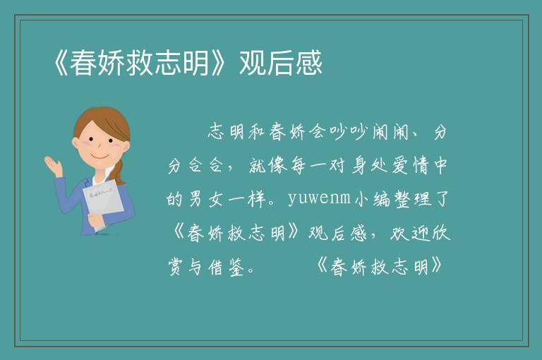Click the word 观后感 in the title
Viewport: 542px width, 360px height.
click(281, 63)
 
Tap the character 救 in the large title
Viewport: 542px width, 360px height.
click(140, 63)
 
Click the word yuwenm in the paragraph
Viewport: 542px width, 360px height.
click(319, 198)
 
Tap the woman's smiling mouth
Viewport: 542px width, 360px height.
click(100, 156)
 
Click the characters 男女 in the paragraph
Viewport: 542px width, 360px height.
click(205, 199)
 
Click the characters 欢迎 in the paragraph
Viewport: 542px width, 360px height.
click(410, 233)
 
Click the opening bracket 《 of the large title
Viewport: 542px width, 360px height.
click(61, 63)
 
